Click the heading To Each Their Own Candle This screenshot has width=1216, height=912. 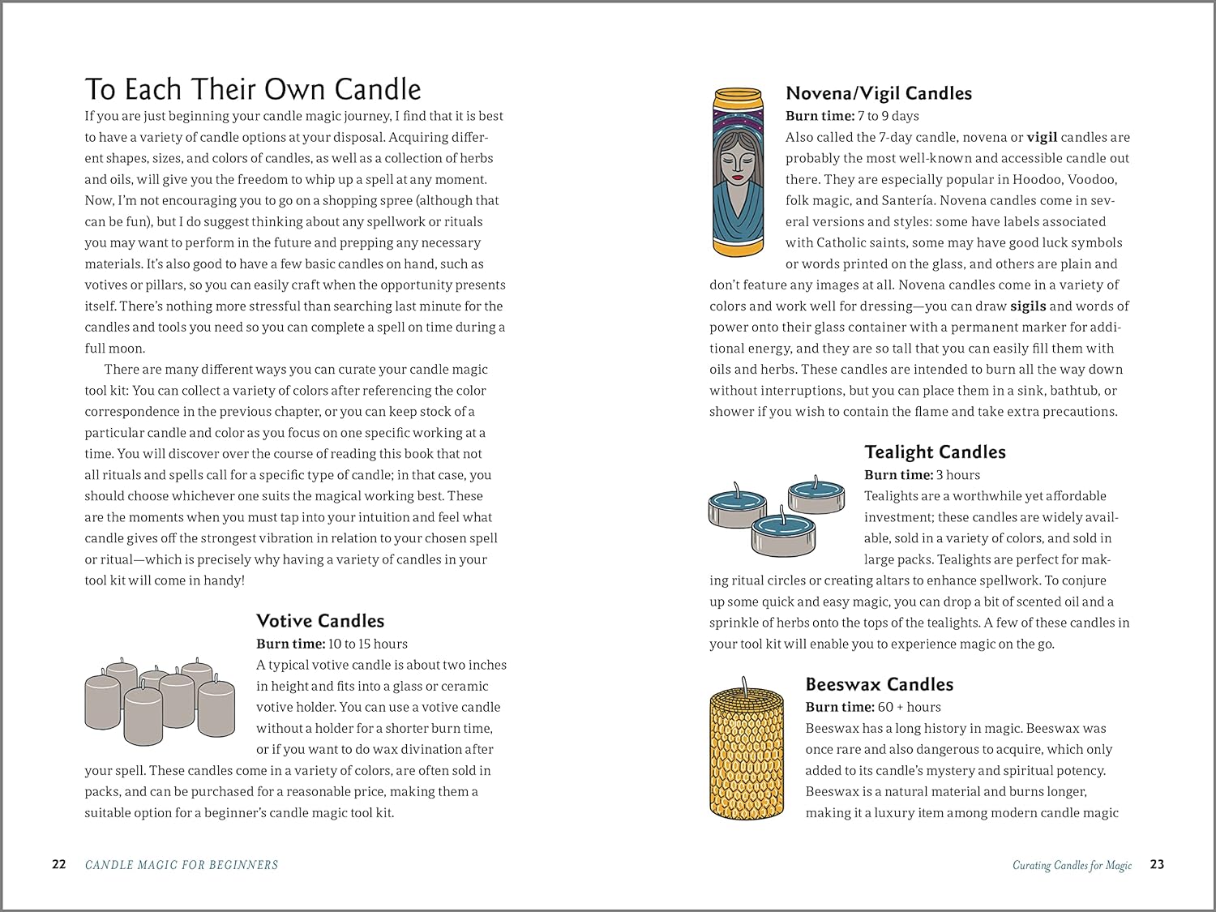pos(253,88)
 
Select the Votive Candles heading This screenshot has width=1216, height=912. pos(320,621)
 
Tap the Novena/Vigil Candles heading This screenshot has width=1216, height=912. pos(879,93)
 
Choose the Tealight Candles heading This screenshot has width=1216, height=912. pos(935,452)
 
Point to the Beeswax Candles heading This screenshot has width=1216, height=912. pos(879,684)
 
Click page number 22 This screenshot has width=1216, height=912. pos(59,864)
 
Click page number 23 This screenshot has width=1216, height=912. pos(1157,864)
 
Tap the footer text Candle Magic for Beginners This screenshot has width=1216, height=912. pos(182,865)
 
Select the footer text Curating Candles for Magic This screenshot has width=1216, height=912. pos(1072,865)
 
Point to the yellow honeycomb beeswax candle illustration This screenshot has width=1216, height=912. pos(747,750)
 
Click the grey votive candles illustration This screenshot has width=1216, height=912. pos(160,700)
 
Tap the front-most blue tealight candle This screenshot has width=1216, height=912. pos(783,533)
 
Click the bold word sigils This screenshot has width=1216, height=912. pos(1028,306)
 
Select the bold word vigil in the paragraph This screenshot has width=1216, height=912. pos(1042,138)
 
